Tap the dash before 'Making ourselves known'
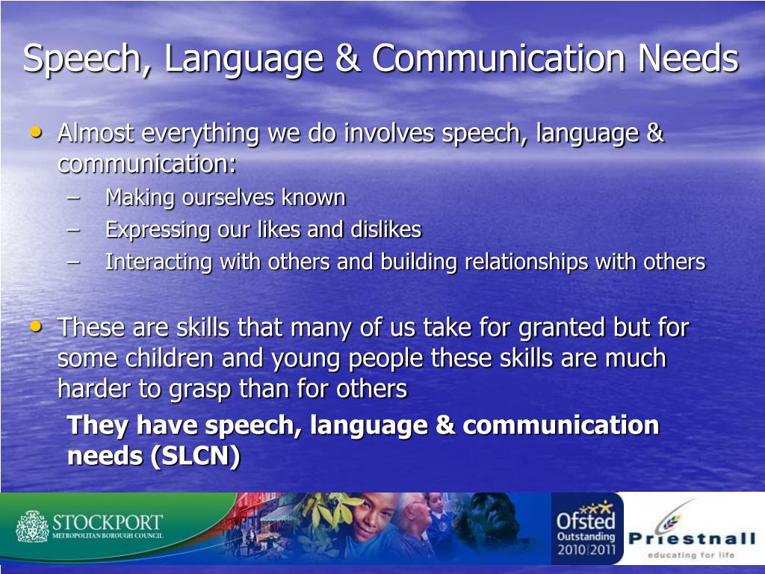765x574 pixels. (x=72, y=197)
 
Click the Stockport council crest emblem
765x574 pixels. (x=31, y=526)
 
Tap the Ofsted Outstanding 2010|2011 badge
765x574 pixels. (x=586, y=529)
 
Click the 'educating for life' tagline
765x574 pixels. (x=691, y=555)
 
